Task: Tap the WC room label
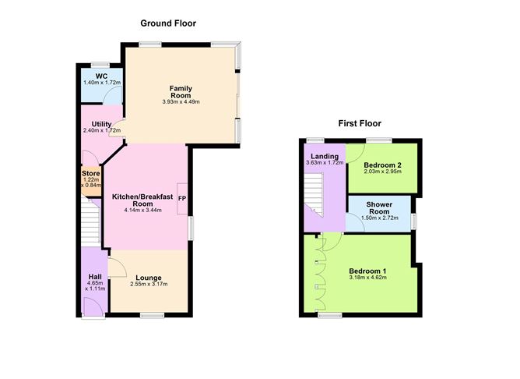(100, 76)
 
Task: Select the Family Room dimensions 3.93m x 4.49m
(181, 102)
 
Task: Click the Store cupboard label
(92, 172)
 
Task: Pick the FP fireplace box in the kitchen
(182, 198)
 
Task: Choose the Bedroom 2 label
(383, 166)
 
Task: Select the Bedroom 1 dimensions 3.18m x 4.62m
(368, 278)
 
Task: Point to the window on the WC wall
(99, 64)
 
